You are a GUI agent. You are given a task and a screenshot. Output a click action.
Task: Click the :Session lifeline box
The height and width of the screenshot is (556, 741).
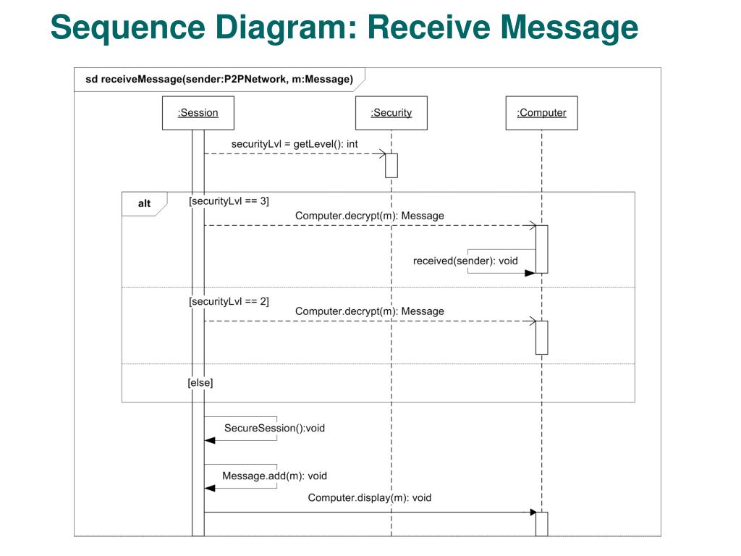[x=198, y=113]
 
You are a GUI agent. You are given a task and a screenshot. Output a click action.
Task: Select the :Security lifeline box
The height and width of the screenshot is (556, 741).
[x=391, y=113]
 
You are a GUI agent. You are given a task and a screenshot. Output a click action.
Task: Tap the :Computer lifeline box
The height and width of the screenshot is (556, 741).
[x=541, y=113]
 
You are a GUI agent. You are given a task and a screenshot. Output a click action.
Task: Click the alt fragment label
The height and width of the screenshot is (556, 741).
[x=144, y=203]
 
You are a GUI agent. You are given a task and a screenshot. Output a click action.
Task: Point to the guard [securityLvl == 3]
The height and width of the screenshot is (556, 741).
[x=229, y=201]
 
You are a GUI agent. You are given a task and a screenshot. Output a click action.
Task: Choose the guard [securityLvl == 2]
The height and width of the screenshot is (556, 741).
[x=229, y=302]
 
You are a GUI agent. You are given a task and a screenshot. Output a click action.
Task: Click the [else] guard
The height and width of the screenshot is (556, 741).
[x=200, y=382]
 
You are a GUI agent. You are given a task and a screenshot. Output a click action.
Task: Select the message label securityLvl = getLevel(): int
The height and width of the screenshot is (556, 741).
[x=295, y=144]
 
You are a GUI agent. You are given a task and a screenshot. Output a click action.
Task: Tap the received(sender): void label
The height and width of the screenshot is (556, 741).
[x=465, y=261]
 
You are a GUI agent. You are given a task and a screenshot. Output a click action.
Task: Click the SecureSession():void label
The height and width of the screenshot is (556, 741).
[x=274, y=429]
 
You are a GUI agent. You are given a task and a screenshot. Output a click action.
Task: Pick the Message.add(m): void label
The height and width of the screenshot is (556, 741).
[x=274, y=476]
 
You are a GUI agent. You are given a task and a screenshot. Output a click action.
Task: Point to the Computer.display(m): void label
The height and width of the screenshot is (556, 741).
[x=370, y=498]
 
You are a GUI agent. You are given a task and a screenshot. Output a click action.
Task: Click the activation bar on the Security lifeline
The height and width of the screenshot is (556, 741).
[x=391, y=166]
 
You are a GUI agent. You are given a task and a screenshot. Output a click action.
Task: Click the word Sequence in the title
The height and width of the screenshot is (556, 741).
[x=128, y=28]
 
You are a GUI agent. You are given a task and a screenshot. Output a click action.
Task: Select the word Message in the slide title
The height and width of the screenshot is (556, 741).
[x=569, y=28]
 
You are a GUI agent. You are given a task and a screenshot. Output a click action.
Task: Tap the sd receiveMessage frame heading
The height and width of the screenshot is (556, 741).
[x=219, y=80]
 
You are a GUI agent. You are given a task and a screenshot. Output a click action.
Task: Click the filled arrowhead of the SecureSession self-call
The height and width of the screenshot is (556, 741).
[x=210, y=441]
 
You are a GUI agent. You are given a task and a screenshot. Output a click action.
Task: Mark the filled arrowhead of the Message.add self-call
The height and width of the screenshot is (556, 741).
[x=210, y=489]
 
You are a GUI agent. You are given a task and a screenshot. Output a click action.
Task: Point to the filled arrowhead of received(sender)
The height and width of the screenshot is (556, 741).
[x=530, y=273]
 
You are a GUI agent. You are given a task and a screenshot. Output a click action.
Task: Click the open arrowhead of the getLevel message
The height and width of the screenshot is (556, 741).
[x=382, y=153]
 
